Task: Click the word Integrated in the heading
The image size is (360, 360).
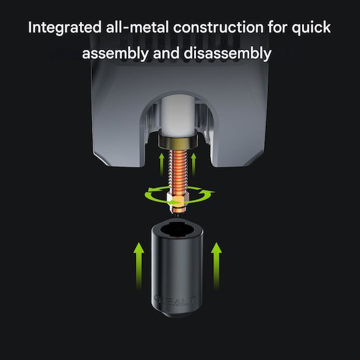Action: [65, 28]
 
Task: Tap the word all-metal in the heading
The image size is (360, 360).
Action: [137, 27]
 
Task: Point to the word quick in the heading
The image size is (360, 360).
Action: [311, 28]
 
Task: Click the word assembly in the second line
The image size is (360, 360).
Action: [115, 54]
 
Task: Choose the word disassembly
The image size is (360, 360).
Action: [227, 54]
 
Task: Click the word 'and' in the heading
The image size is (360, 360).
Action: [166, 53]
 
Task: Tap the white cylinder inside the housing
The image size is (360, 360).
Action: [178, 116]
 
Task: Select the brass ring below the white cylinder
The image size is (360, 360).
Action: [178, 142]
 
